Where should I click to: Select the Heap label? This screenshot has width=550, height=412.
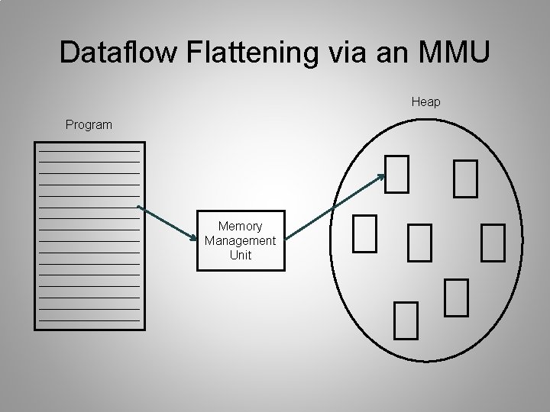[x=425, y=101]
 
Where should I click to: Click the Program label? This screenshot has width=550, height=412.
[x=89, y=124]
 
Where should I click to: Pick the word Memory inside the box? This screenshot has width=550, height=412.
[x=240, y=227]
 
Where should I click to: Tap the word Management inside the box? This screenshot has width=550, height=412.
[x=240, y=241]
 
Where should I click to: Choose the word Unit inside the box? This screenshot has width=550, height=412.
[x=240, y=255]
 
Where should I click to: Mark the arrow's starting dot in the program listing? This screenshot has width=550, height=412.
[x=138, y=206]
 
